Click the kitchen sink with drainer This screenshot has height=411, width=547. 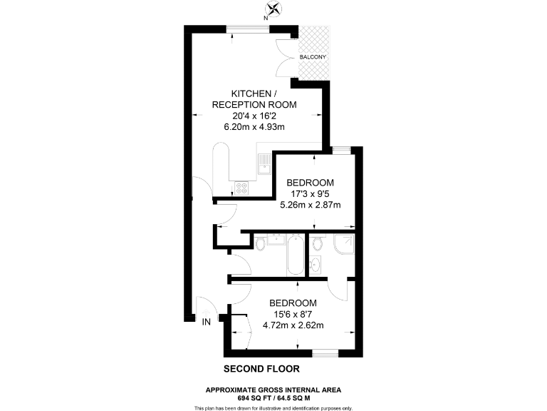click(x=264, y=163)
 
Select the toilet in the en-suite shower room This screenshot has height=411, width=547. click(x=318, y=245)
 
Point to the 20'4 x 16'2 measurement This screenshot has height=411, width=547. click(x=254, y=116)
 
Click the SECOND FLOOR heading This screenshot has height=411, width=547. click(x=261, y=369)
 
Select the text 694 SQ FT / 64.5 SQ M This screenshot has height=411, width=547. click(x=273, y=396)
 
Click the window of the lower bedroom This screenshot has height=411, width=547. click(x=325, y=352)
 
